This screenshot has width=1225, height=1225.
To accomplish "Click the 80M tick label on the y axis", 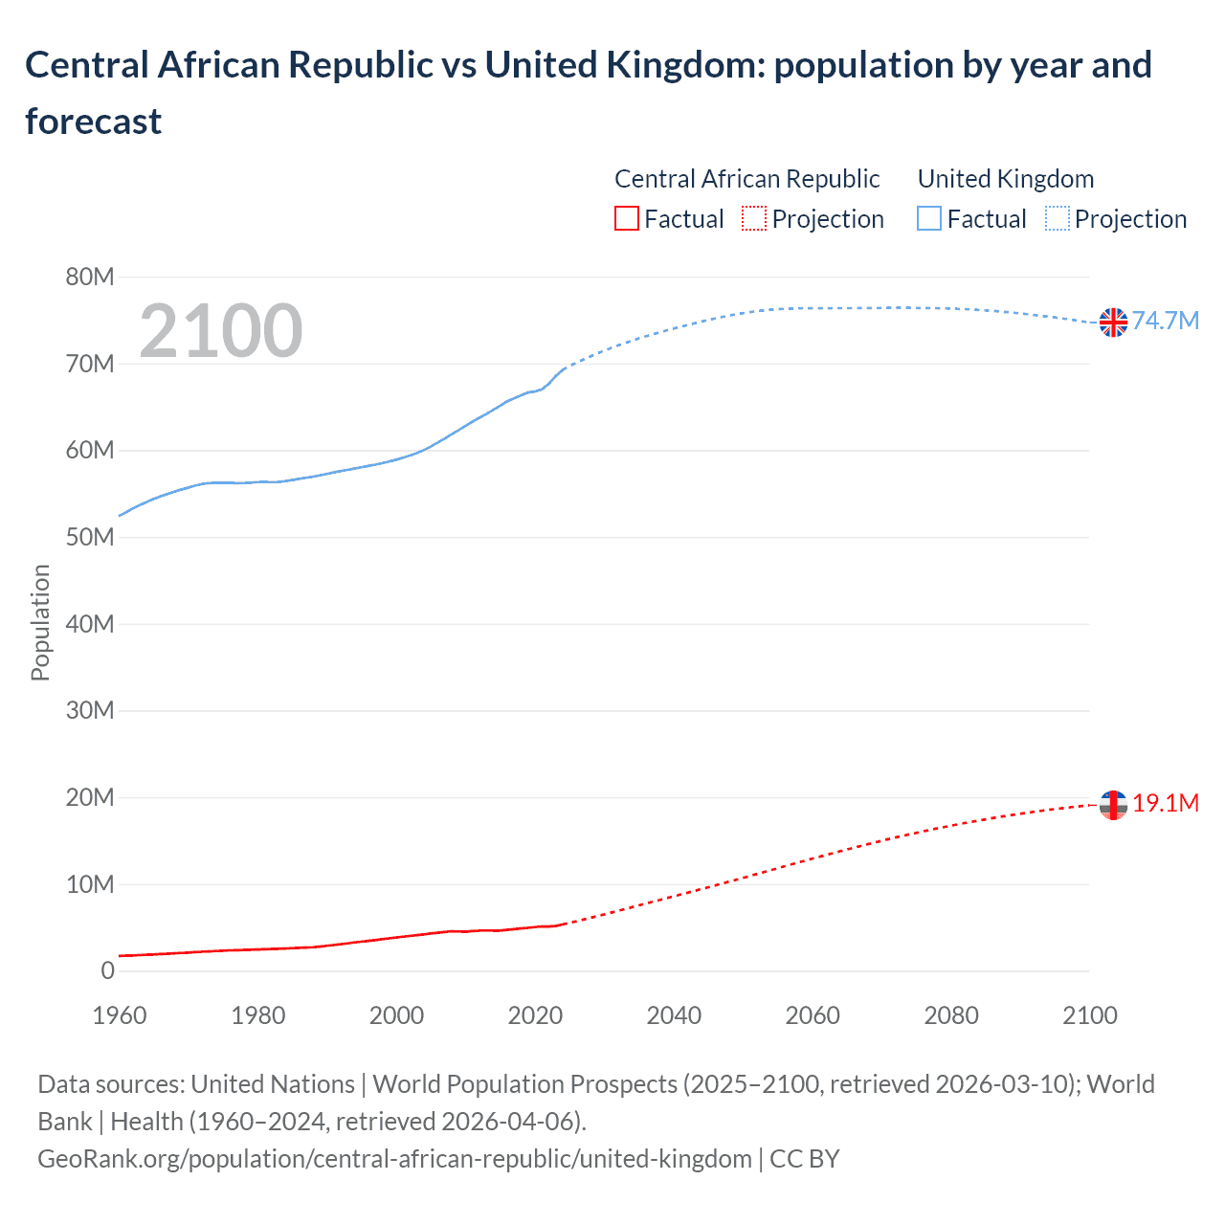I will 89,278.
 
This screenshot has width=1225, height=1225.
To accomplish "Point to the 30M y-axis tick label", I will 89,711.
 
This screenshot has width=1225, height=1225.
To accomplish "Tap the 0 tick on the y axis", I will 107,971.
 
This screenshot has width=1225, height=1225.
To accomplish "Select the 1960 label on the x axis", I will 120,1015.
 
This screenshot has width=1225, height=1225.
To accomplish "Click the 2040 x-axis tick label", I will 674,1015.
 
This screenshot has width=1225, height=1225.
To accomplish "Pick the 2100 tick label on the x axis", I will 1089,1015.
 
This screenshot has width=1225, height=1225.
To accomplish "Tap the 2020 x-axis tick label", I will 535,1015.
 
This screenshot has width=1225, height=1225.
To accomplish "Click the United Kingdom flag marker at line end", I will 1113,323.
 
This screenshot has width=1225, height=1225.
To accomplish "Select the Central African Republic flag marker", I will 1113,805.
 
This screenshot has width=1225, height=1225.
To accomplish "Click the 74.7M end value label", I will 1166,321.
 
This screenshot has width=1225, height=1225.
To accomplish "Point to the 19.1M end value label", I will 1166,803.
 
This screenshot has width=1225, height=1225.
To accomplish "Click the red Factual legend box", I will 626,219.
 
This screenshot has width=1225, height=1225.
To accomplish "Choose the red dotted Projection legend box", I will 754,219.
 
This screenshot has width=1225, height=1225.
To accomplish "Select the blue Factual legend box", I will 928,219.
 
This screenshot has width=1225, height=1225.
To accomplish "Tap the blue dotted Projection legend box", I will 1057,219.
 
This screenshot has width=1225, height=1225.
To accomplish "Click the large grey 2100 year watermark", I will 221,331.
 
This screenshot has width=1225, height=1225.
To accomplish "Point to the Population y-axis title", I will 40,622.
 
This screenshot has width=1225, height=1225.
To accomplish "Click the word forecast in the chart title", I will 94,122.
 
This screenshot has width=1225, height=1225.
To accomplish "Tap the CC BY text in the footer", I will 804,1159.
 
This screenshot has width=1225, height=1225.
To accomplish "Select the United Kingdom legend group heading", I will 1005,179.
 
